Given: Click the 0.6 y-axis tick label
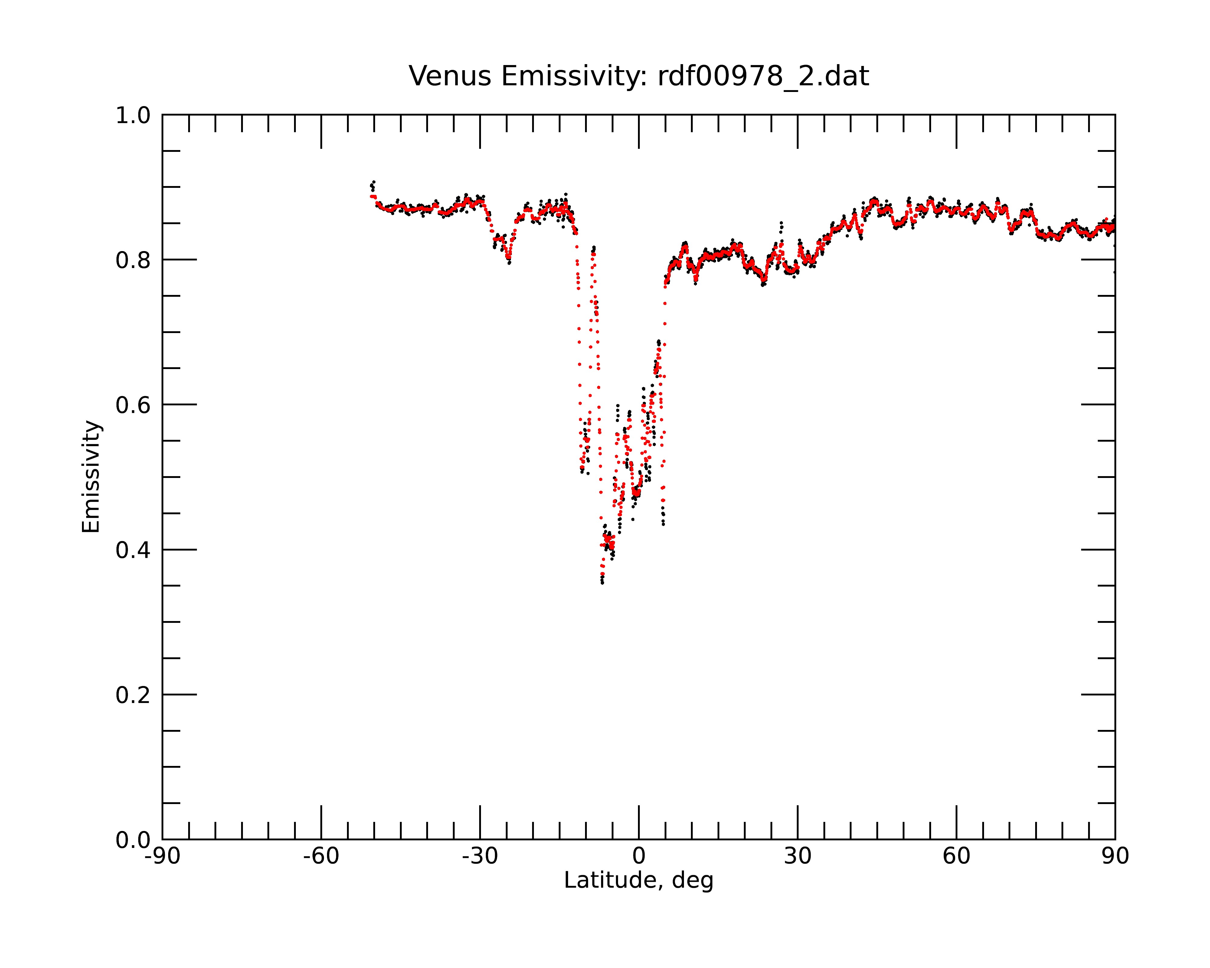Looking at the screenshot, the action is tap(133, 405).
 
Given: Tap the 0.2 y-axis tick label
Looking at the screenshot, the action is tap(133, 695).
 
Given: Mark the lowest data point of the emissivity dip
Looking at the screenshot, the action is tap(602, 583).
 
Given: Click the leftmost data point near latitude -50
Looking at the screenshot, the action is tap(371, 185).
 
